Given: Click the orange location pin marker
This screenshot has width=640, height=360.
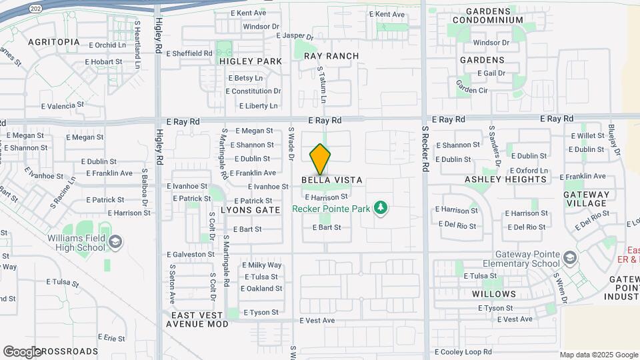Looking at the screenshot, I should [321, 159].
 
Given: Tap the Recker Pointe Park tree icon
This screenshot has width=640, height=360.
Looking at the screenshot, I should [381, 209].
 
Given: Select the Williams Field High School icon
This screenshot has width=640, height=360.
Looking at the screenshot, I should [115, 241].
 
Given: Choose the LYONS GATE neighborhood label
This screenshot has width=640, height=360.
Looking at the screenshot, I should [250, 210].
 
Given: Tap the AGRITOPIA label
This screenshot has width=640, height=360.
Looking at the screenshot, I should [54, 42].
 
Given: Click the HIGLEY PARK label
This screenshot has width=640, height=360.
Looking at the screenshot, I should [251, 61].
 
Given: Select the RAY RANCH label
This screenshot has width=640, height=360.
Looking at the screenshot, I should [331, 56].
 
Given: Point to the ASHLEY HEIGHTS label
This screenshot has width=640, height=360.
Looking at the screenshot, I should [506, 179].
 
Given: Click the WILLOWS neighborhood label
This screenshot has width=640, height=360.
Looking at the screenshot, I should [494, 294].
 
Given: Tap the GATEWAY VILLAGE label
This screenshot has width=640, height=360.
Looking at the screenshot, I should [585, 199].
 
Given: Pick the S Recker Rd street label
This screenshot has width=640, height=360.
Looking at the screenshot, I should [424, 148].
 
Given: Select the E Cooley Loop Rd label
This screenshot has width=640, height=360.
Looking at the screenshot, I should [463, 351].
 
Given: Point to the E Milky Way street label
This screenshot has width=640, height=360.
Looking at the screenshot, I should [261, 265].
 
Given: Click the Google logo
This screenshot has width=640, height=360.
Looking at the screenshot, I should [22, 351].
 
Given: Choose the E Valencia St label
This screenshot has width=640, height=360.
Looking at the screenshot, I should [63, 105].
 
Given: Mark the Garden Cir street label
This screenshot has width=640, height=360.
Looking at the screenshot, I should [472, 91].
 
